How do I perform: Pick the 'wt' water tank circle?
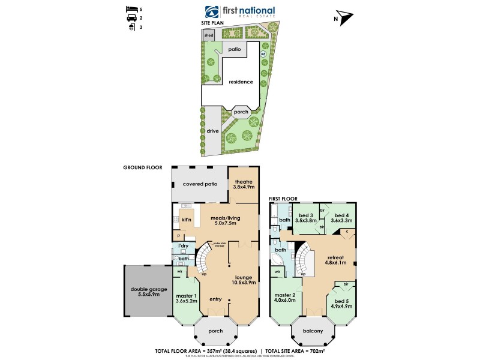(262, 54)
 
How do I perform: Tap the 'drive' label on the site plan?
(212, 130)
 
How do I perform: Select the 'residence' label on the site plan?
(241, 82)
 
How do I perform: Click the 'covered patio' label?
(200, 184)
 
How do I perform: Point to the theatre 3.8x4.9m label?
(243, 184)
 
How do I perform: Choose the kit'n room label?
(186, 220)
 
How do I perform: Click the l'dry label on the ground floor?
(182, 247)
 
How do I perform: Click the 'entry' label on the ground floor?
(215, 299)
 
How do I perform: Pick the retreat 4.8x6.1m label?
(337, 259)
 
